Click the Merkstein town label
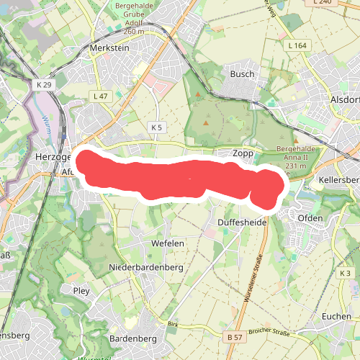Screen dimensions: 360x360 109,48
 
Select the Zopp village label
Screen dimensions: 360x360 243,153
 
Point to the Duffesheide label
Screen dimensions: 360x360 242,223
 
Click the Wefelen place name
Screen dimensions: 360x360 168,244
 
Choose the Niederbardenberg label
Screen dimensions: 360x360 145,268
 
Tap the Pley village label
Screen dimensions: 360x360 81,290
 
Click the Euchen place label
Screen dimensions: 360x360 337,317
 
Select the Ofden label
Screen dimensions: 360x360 310,217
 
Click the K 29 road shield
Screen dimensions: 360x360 44,84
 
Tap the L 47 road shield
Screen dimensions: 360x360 100,96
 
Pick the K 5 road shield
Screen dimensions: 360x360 158,127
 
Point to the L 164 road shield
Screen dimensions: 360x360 297,45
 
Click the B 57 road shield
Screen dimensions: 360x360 233,337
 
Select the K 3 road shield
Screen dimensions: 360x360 345,274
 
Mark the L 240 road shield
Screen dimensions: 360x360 323,3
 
